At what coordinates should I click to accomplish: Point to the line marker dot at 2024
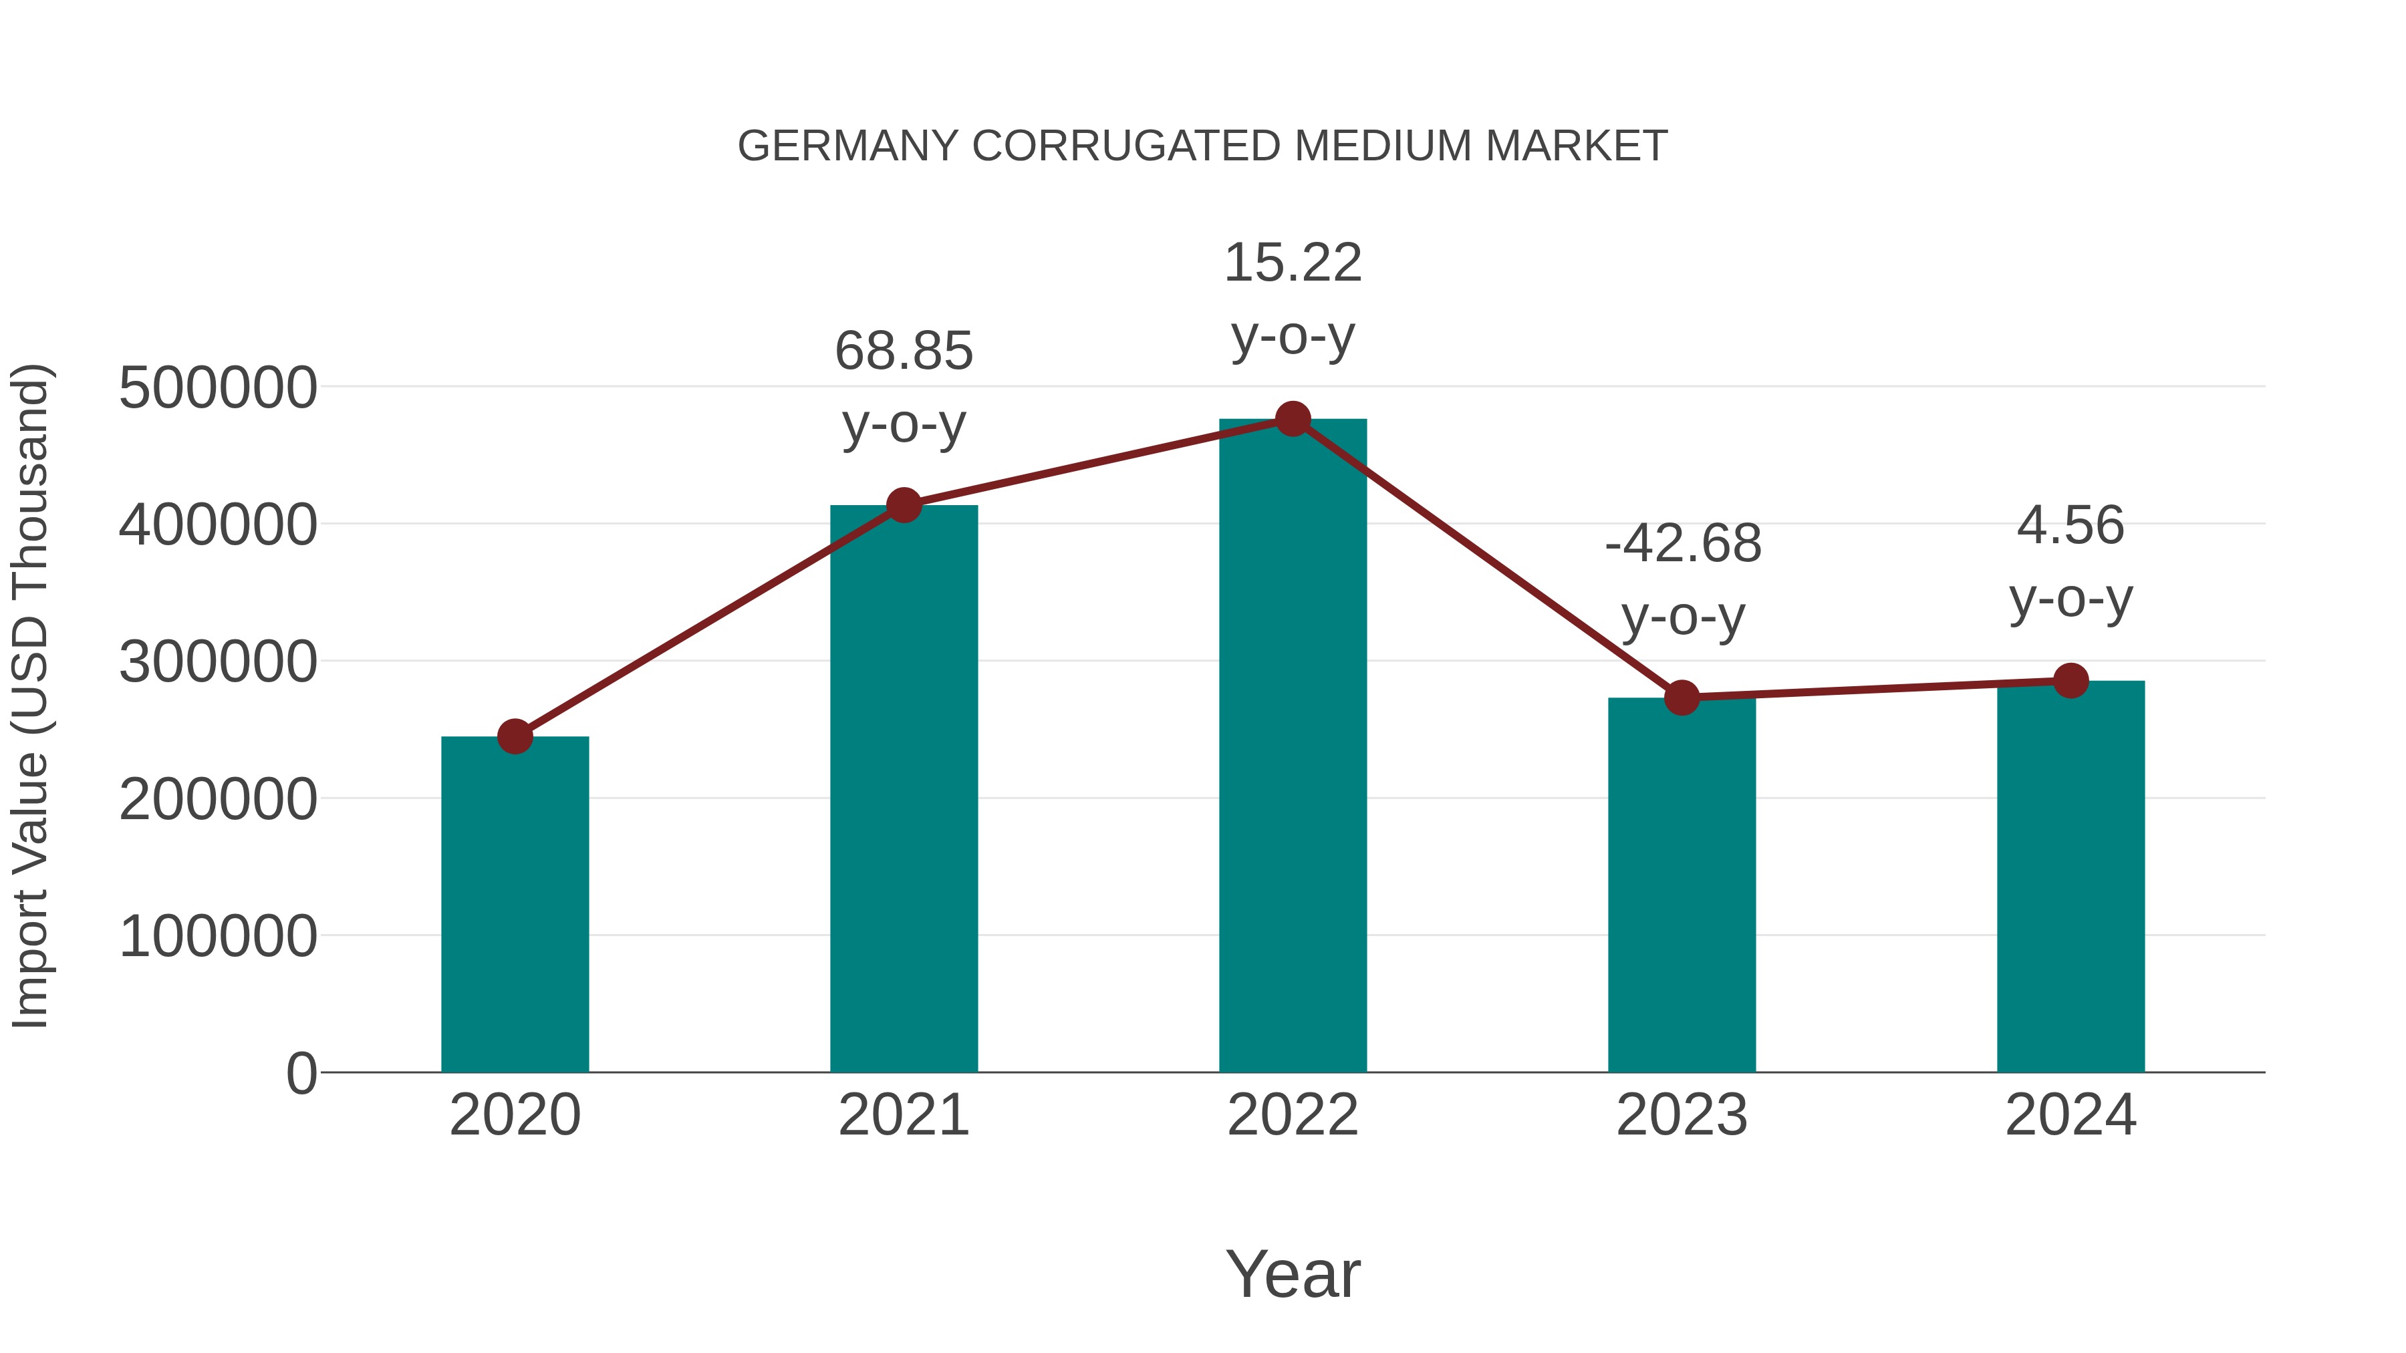[x=2070, y=681]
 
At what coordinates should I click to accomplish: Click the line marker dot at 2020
[x=515, y=737]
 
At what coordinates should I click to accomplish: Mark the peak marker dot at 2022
[x=1293, y=419]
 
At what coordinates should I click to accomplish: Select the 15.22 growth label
[x=1293, y=263]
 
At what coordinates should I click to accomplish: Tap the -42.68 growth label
[x=1682, y=545]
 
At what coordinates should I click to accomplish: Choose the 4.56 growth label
[x=2070, y=526]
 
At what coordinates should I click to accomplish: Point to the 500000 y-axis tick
[x=218, y=388]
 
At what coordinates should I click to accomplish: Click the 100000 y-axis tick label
[x=218, y=937]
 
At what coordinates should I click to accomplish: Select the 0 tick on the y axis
[x=301, y=1074]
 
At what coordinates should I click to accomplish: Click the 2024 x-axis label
[x=2070, y=1116]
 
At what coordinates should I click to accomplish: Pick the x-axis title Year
[x=1293, y=1275]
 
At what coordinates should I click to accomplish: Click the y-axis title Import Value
[x=30, y=697]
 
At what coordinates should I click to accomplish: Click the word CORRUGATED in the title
[x=1126, y=146]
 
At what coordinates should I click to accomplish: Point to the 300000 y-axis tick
[x=218, y=663]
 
